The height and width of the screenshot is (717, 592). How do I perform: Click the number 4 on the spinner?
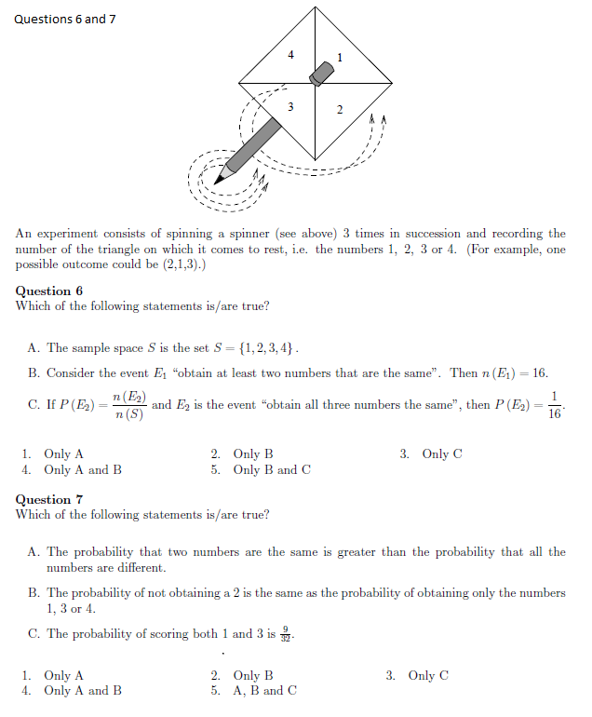pos(290,55)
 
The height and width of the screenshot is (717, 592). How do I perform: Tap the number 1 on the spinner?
pos(340,58)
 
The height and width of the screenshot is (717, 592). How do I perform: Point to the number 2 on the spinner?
pos(339,111)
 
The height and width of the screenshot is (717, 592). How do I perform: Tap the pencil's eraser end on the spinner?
pos(322,73)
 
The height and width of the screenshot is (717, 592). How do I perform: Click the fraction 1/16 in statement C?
pos(555,405)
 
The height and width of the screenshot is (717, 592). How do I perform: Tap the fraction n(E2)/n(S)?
pos(128,406)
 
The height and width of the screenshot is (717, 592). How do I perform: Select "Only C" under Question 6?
pos(441,454)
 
